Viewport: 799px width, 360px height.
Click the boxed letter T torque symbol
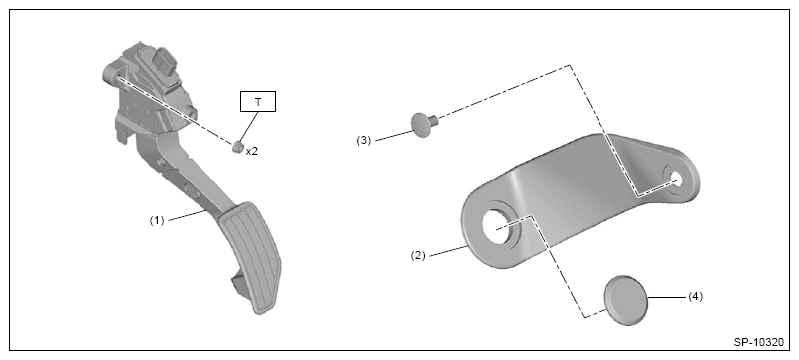click(x=257, y=102)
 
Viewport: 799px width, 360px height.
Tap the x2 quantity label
click(x=252, y=152)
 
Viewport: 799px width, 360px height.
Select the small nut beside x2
click(x=237, y=148)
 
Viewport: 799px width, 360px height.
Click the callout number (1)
click(x=157, y=221)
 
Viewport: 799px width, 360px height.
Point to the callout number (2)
click(x=418, y=255)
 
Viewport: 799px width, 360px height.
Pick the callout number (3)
click(x=364, y=140)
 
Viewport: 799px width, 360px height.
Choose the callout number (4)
click(x=695, y=297)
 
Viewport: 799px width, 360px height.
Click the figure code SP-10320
click(x=759, y=343)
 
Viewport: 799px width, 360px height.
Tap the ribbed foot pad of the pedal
click(x=250, y=257)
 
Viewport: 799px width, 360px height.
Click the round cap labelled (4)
click(x=625, y=300)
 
